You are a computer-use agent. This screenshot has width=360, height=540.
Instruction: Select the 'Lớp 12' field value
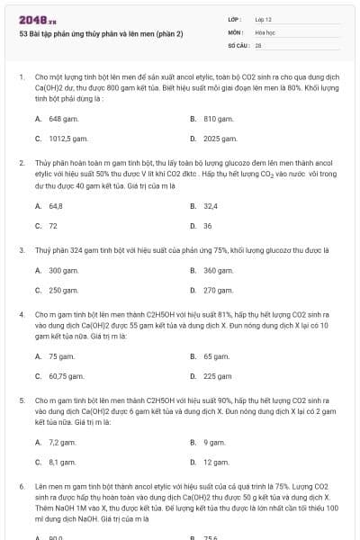(264, 19)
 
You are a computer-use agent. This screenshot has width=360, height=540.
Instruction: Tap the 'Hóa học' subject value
(265, 31)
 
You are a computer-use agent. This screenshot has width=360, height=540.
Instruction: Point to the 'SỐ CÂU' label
(237, 44)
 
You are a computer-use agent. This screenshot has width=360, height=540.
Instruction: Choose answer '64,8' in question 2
(55, 205)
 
